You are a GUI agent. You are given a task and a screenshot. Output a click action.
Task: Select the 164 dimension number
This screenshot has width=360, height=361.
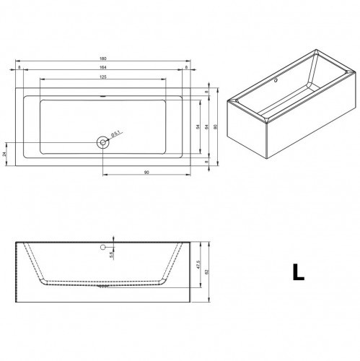[x=103, y=68]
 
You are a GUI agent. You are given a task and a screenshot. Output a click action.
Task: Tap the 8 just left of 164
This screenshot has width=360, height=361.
[x=19, y=68]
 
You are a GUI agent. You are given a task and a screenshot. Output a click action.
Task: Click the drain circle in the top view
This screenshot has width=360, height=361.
[x=103, y=142]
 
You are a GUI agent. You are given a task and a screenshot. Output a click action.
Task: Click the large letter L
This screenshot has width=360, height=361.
[x=297, y=272]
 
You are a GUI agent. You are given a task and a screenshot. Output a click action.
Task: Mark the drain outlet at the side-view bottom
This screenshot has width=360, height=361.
[x=103, y=286]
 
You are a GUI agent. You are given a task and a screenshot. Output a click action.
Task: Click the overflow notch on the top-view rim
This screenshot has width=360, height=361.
[x=103, y=96]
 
